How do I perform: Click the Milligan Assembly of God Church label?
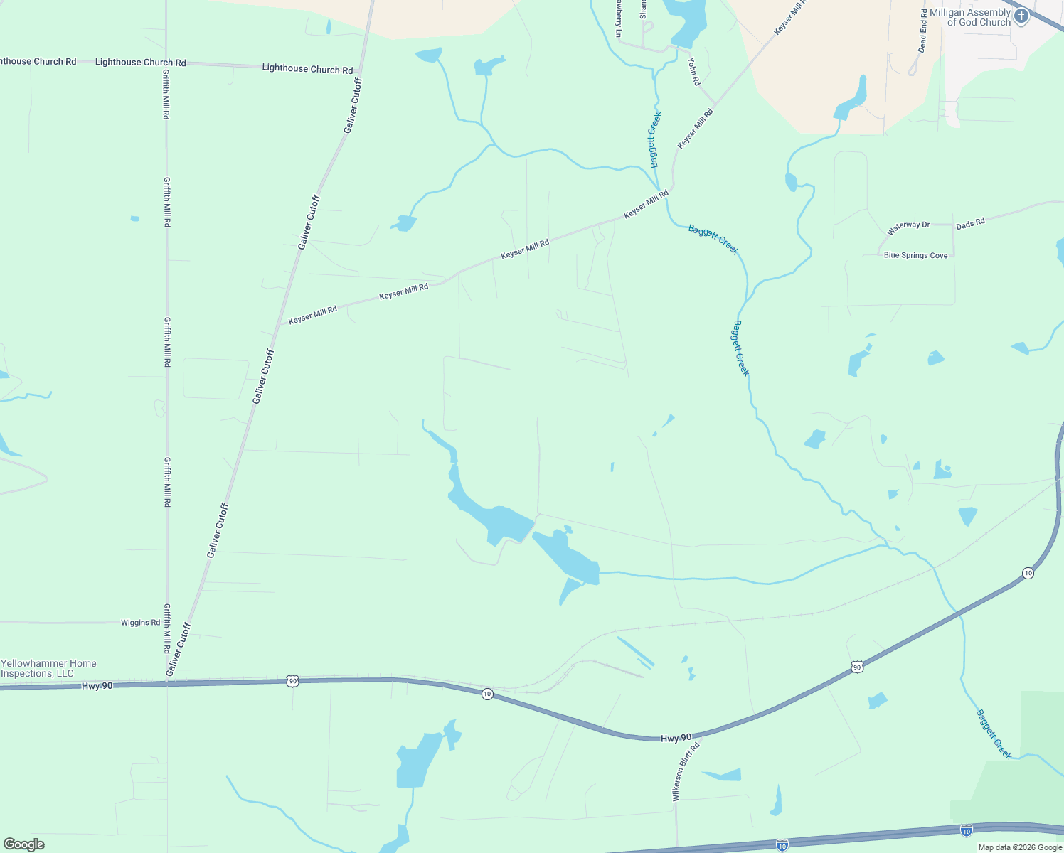pyautogui.click(x=969, y=17)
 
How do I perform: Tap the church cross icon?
pyautogui.click(x=1021, y=16)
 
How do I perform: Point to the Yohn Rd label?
pyautogui.click(x=694, y=71)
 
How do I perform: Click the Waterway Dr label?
pyautogui.click(x=908, y=228)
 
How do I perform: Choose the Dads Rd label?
pyautogui.click(x=970, y=223)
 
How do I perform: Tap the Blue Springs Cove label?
pyautogui.click(x=915, y=255)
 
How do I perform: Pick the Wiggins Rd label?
pyautogui.click(x=140, y=623)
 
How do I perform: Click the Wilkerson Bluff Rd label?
pyautogui.click(x=686, y=772)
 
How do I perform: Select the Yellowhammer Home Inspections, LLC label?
pyautogui.click(x=48, y=668)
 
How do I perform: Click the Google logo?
pyautogui.click(x=23, y=844)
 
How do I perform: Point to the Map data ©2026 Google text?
pyautogui.click(x=1020, y=847)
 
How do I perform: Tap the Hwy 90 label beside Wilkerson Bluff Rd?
pyautogui.click(x=676, y=739)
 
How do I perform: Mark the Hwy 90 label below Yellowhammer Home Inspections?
pyautogui.click(x=97, y=686)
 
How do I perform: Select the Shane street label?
pyautogui.click(x=643, y=9)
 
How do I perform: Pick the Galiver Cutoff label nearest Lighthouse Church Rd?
pyautogui.click(x=353, y=105)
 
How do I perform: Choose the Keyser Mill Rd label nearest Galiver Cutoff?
pyautogui.click(x=312, y=314)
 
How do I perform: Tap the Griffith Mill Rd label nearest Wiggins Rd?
pyautogui.click(x=167, y=629)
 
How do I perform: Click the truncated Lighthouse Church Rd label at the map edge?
pyautogui.click(x=38, y=62)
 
